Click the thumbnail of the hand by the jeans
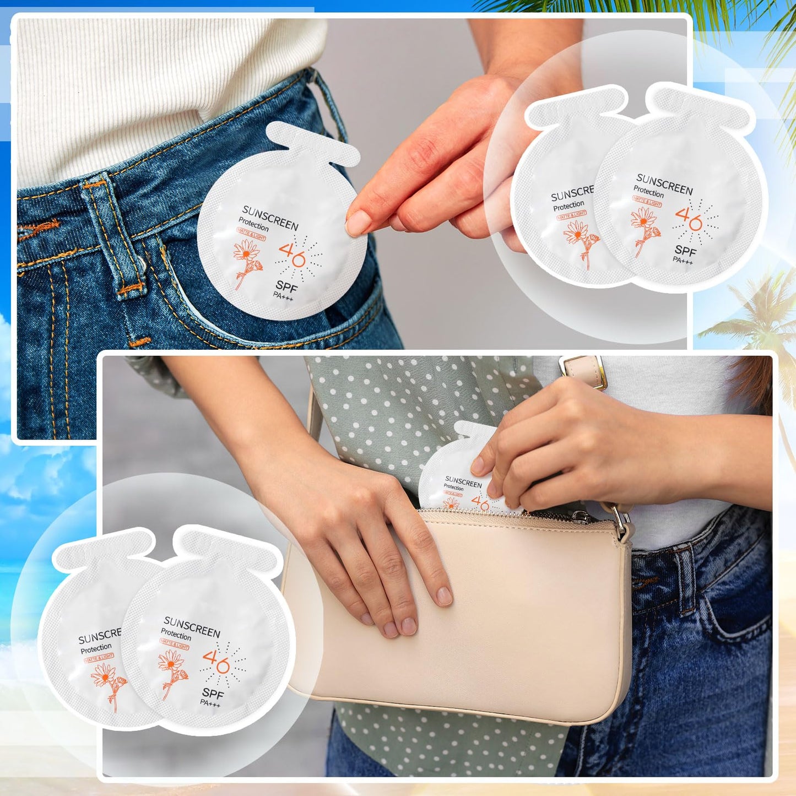pos(359,223)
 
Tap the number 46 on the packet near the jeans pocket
pos(292,254)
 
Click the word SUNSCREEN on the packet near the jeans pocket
pos(270,218)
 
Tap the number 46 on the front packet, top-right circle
pos(689,219)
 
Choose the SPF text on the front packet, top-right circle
pos(685,251)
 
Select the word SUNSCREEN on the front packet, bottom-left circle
pos(192,626)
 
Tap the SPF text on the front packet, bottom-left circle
pos(213,693)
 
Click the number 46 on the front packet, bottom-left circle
pos(216,661)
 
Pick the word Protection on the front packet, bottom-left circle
pos(176,635)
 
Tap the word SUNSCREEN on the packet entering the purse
pos(463,483)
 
